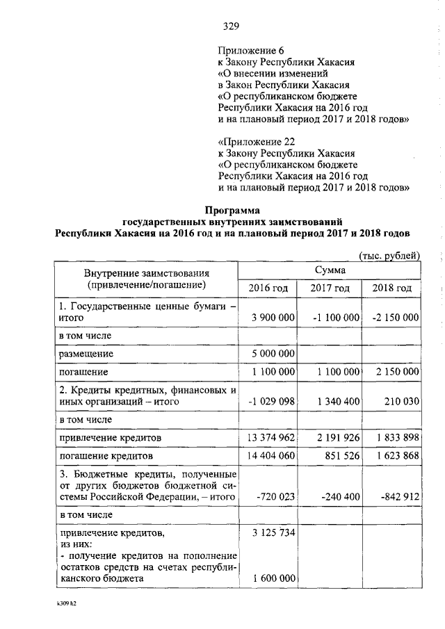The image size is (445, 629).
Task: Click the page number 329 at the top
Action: (x=231, y=27)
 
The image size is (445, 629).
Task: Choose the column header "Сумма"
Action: (x=330, y=269)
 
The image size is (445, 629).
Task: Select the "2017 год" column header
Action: (x=330, y=288)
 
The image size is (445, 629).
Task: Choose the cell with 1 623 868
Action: (x=396, y=456)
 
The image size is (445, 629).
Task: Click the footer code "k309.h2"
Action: (x=65, y=604)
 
